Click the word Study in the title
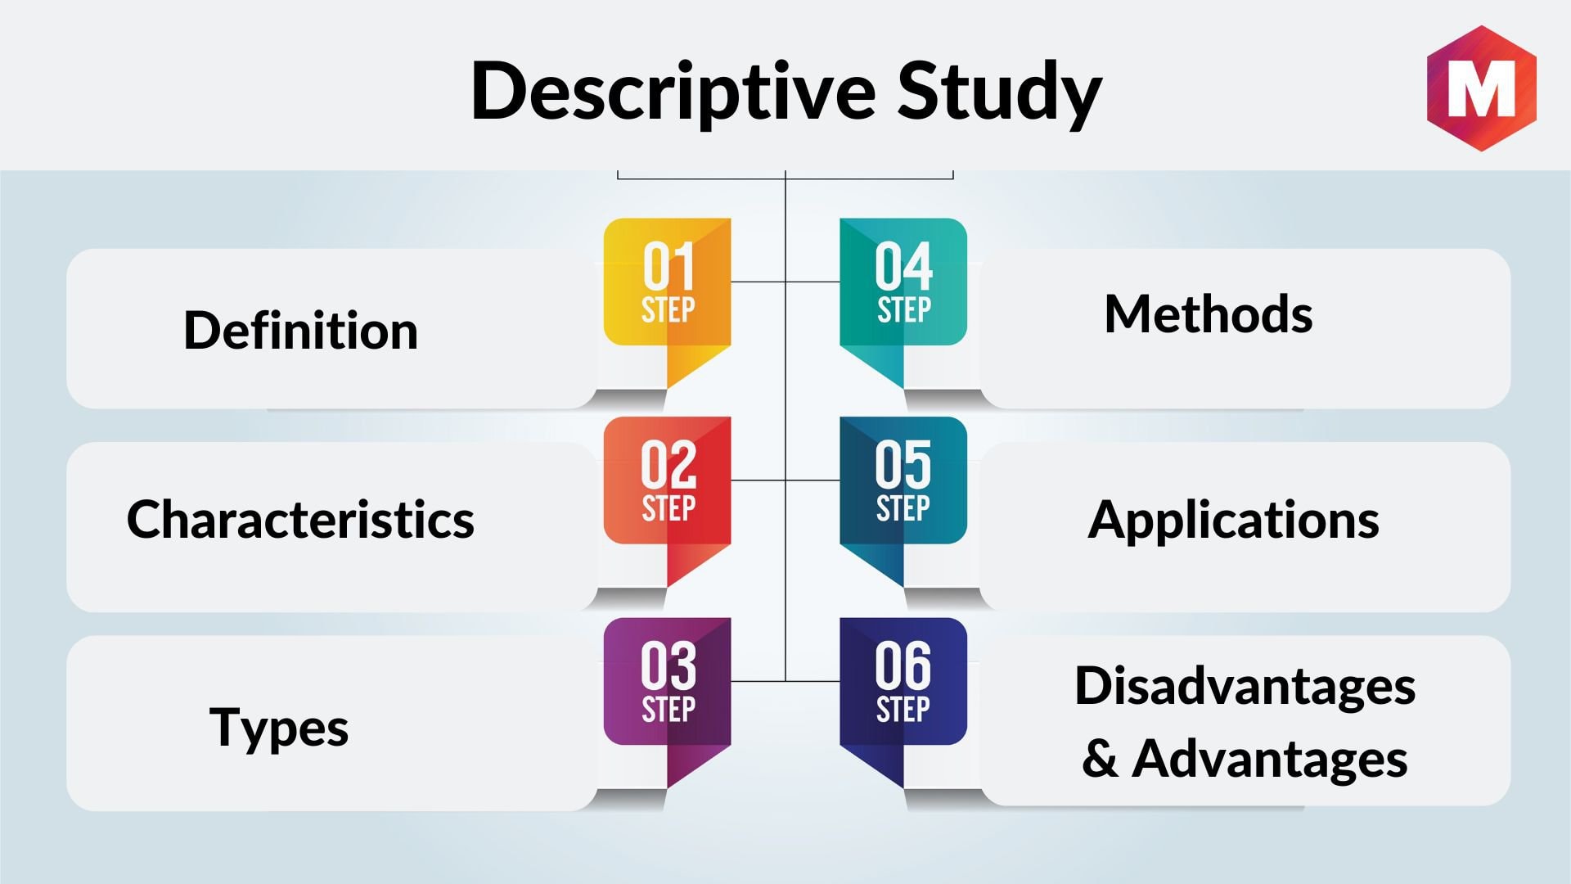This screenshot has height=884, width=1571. point(1000,92)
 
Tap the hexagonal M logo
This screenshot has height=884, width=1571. point(1482,88)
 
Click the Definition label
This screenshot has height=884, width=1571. point(300,330)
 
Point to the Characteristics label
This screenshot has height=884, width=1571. point(300,519)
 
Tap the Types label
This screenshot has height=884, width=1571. point(279,728)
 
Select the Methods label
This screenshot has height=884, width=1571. point(1209,313)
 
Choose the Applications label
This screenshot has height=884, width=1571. point(1233,521)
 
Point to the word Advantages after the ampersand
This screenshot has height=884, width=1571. point(1270,758)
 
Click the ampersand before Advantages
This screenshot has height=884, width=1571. point(1100,759)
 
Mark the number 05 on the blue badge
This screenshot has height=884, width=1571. point(903,464)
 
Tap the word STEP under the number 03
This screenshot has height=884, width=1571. point(668,709)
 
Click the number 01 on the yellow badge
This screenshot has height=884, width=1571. point(668,266)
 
